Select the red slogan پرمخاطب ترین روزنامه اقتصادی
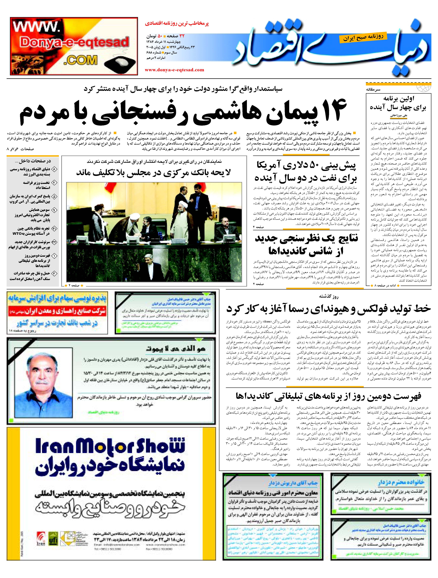(x=177, y=24)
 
